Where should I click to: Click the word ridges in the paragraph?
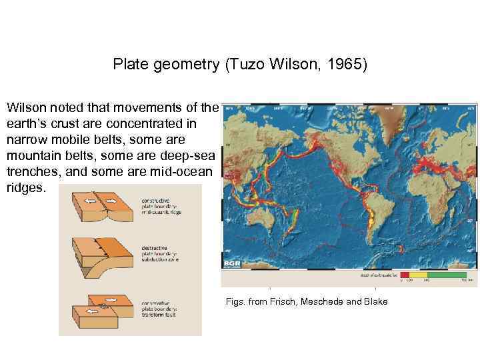tap(25, 188)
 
